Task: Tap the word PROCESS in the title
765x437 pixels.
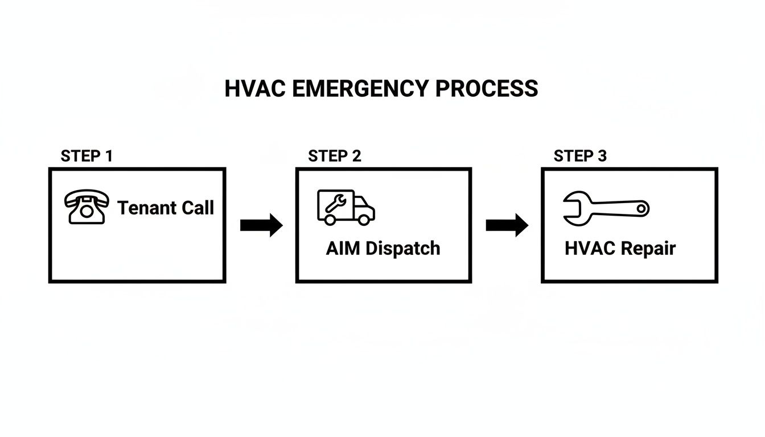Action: coord(487,89)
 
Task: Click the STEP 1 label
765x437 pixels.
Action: coord(87,156)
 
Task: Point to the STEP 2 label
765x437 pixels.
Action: coord(334,156)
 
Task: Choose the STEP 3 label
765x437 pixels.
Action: coord(580,156)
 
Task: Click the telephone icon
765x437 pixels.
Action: coord(87,207)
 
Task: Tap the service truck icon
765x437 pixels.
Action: coord(346,207)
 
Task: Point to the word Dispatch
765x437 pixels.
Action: coord(402,249)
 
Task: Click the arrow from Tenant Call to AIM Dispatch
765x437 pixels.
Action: coord(261,225)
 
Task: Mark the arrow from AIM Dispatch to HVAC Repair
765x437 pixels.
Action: coord(507,225)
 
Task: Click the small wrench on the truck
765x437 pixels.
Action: coord(334,204)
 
